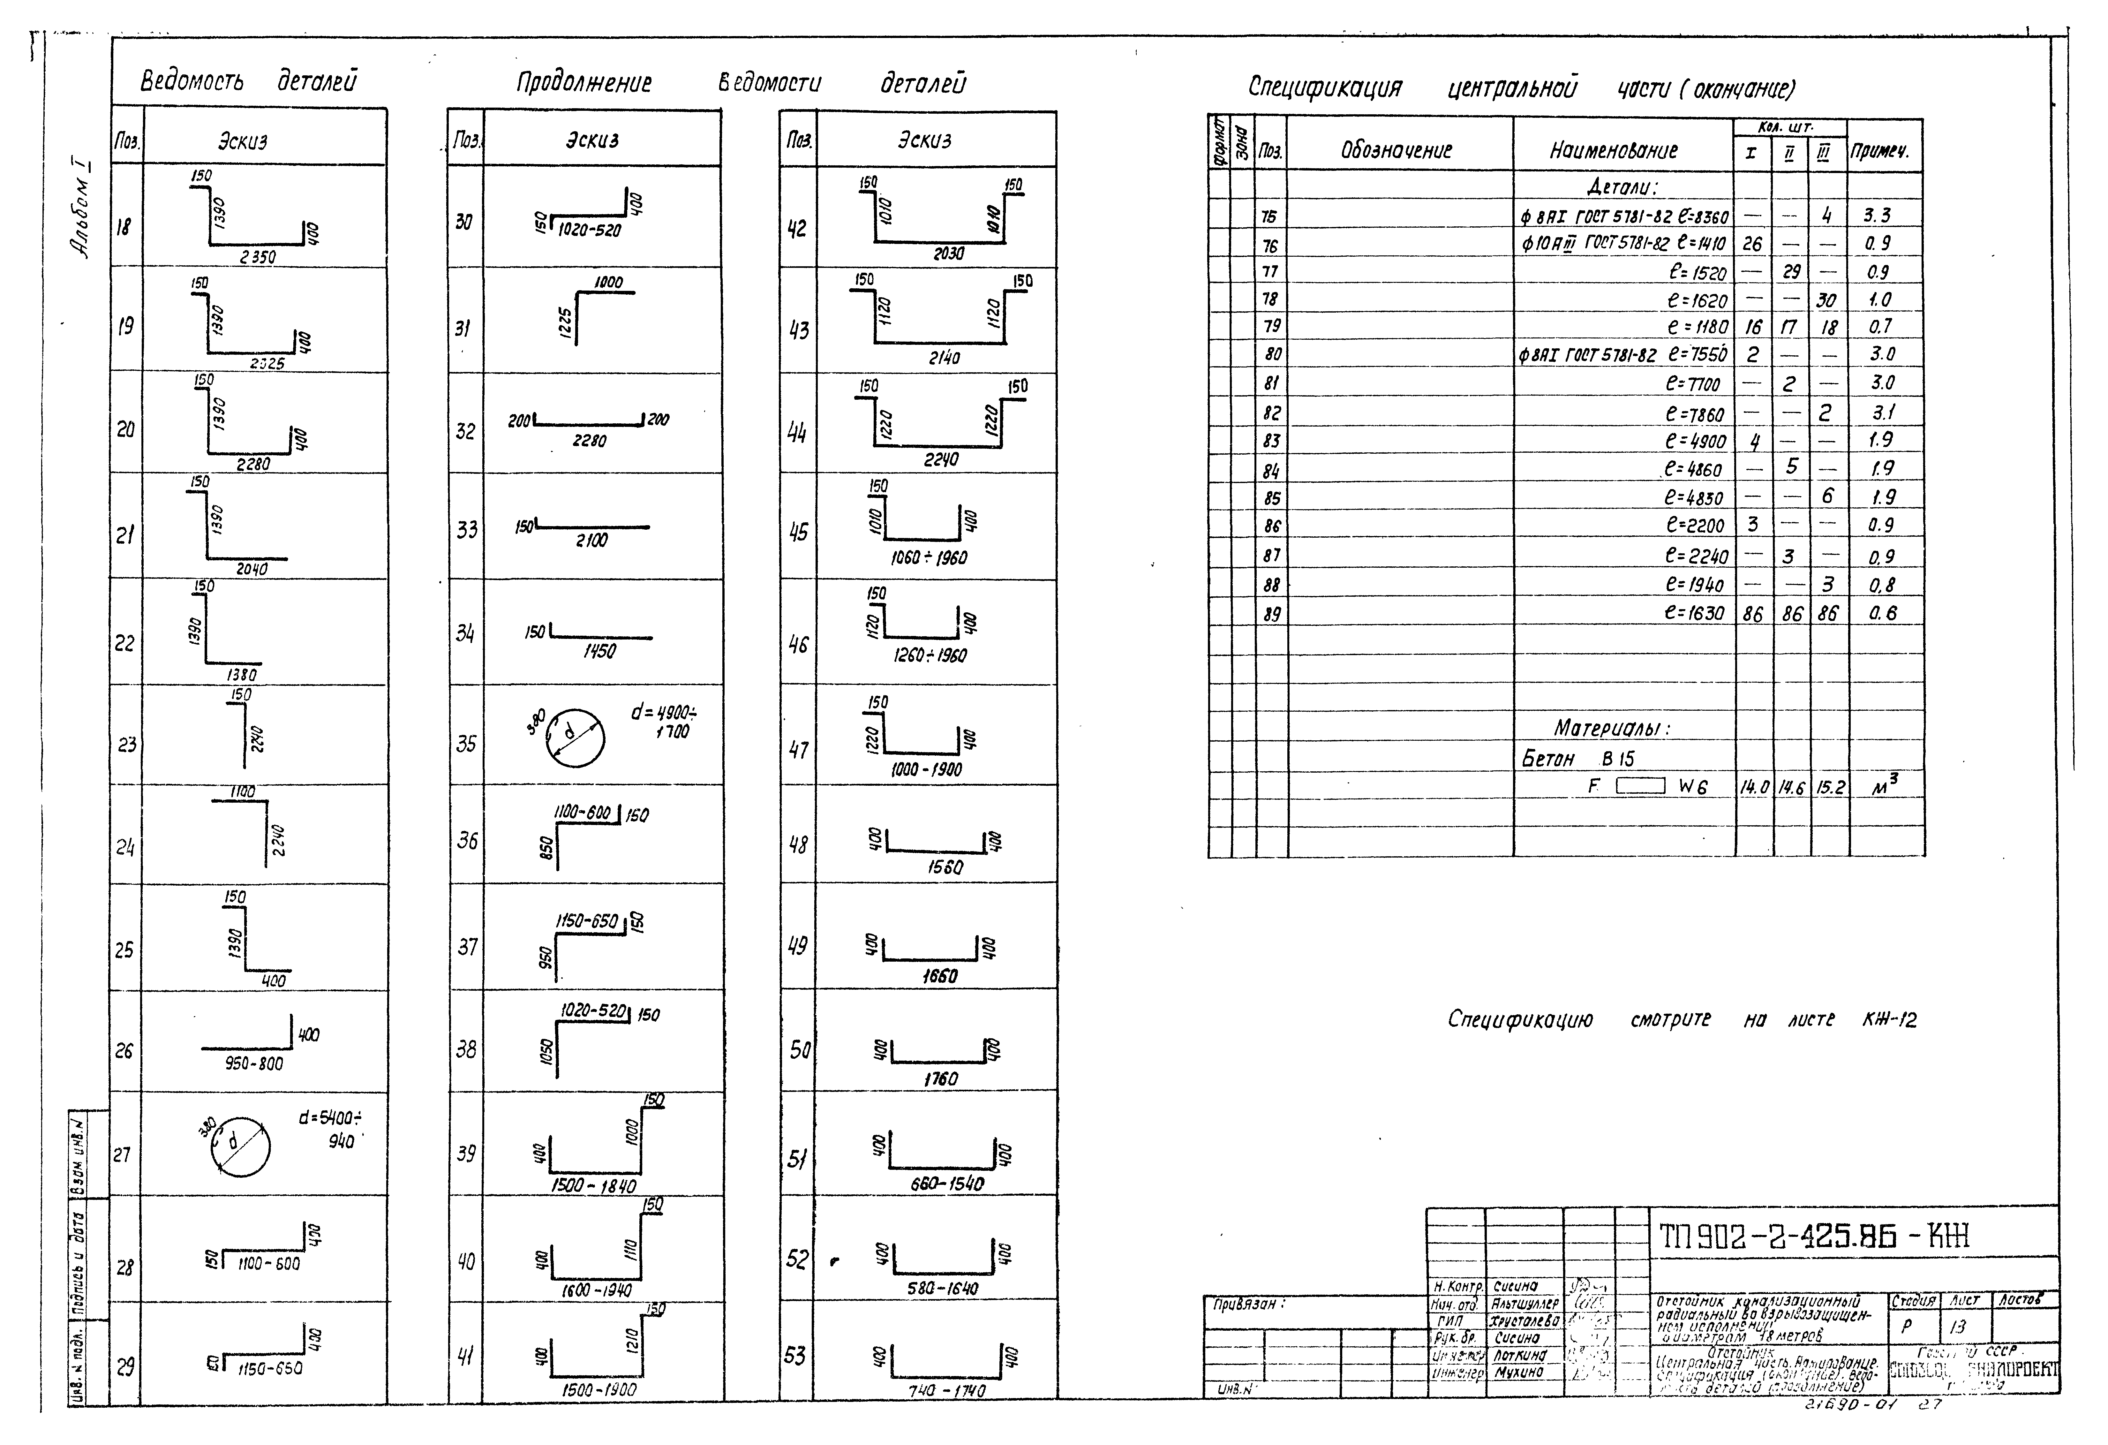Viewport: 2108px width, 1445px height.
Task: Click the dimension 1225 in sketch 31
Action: [566, 319]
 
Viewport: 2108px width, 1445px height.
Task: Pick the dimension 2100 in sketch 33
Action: [591, 541]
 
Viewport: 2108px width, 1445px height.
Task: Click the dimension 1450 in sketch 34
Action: [599, 651]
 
